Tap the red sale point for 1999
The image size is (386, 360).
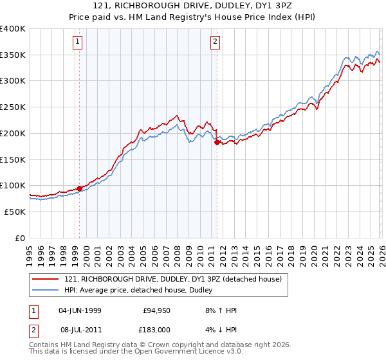(80, 188)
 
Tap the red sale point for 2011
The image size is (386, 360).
(217, 143)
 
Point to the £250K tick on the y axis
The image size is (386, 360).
(13, 107)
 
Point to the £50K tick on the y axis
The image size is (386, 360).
(15, 212)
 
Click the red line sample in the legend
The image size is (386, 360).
(46, 279)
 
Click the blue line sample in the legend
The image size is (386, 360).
(46, 290)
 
